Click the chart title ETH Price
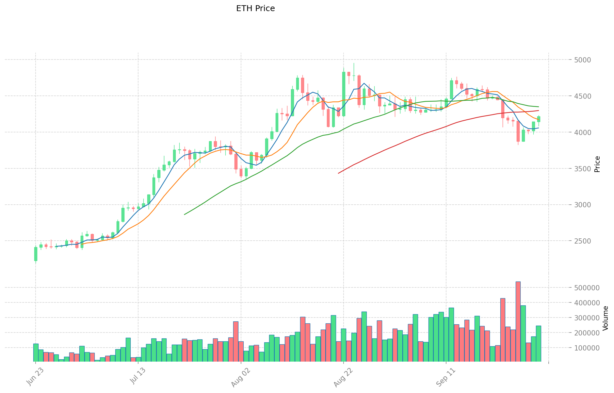pyautogui.click(x=255, y=9)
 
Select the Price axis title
pyautogui.click(x=597, y=164)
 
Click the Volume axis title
pyautogui.click(x=605, y=318)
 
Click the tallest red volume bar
pyautogui.click(x=518, y=321)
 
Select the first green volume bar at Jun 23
pyautogui.click(x=36, y=352)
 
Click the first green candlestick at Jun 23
pyautogui.click(x=36, y=254)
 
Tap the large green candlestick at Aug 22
pyautogui.click(x=344, y=94)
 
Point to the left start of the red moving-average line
pyautogui.click(x=338, y=173)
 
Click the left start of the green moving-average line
pyautogui.click(x=185, y=214)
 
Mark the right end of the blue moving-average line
pyautogui.click(x=539, y=128)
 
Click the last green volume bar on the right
pyautogui.click(x=539, y=343)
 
